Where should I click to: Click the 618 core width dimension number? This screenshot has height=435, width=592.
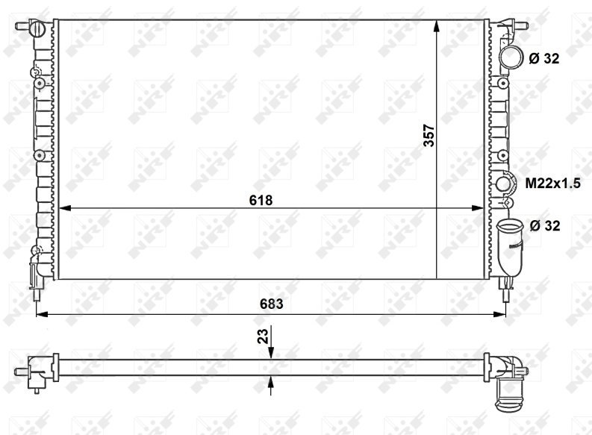click(x=261, y=200)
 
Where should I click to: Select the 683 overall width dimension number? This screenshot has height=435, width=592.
click(x=271, y=304)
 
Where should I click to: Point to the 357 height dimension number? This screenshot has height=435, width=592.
click(x=429, y=136)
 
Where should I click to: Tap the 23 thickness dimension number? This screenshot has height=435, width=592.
click(x=263, y=337)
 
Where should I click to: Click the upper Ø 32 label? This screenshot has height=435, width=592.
click(x=543, y=58)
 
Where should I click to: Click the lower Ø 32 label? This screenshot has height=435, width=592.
click(x=545, y=225)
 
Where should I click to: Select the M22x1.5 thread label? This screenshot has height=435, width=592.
click(x=552, y=184)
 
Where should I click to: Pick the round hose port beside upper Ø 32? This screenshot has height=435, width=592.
click(x=511, y=57)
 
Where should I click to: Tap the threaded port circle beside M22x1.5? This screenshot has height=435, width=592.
click(x=503, y=184)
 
